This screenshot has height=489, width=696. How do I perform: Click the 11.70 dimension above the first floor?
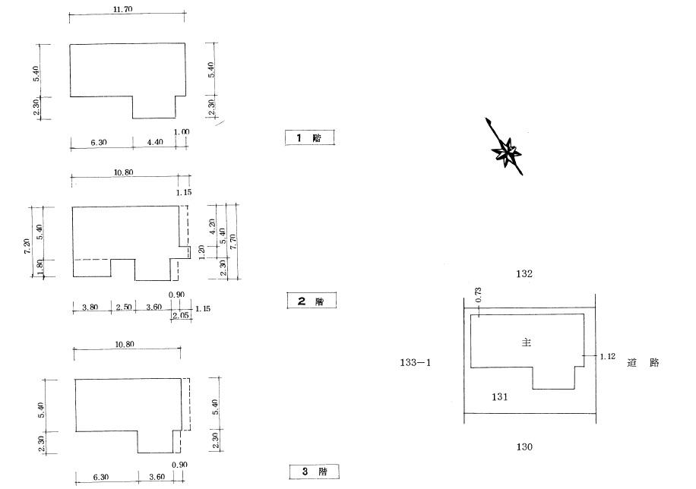point(122,9)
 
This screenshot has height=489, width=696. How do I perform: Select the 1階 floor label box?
point(309,137)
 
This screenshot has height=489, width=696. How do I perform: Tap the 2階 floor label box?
point(312,301)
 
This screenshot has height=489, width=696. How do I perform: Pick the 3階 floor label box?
point(315,472)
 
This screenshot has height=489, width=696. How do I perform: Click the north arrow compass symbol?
point(505,148)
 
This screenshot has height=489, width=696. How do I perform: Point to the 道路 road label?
point(643,362)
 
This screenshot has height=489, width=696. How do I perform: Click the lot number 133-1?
point(416,362)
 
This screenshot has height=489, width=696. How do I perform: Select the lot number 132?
point(524,274)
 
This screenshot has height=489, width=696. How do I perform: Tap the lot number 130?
point(524,446)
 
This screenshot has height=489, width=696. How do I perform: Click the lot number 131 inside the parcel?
point(500,396)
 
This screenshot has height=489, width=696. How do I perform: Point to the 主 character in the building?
point(527,342)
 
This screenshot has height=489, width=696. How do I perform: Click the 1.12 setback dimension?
point(608,356)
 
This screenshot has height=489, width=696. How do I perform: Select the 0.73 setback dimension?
point(478,295)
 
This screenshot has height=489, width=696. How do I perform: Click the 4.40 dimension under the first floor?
point(154,142)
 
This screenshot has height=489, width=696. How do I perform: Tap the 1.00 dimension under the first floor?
point(182,132)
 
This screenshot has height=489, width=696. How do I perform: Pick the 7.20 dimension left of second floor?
point(27,246)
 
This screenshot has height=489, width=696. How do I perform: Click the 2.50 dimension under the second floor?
point(124,307)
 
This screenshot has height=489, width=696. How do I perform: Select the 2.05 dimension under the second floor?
point(181,316)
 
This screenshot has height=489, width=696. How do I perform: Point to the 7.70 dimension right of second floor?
point(233,241)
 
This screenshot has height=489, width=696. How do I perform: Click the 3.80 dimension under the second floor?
point(90,307)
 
